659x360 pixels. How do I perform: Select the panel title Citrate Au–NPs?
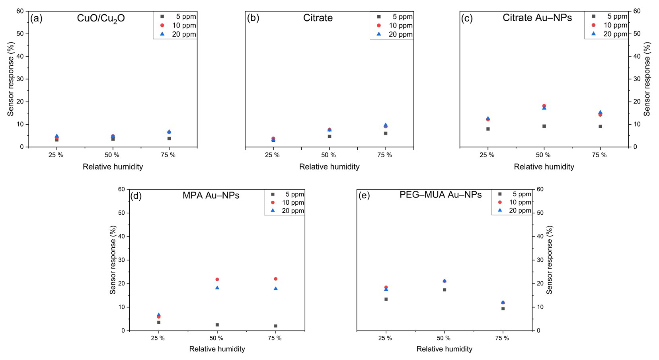click(537, 18)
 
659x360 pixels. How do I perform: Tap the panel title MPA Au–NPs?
click(211, 196)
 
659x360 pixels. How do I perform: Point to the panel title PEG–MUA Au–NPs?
click(441, 195)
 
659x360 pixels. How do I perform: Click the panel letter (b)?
click(253, 18)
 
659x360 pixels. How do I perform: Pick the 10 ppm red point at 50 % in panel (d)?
click(217, 280)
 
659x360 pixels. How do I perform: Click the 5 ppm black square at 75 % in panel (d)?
click(275, 326)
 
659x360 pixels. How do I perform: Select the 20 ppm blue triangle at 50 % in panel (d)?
click(217, 288)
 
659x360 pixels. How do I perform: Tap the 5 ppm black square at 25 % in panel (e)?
click(386, 299)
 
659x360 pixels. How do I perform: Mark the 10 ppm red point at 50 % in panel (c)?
click(544, 106)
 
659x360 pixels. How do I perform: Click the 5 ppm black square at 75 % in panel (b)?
click(386, 133)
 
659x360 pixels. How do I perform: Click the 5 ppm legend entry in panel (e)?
click(516, 194)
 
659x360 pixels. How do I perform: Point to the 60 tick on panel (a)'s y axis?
click(20, 11)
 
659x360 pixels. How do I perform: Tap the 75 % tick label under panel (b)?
click(385, 155)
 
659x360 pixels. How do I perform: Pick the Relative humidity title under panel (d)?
click(217, 349)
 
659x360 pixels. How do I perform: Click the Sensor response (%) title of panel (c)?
click(647, 79)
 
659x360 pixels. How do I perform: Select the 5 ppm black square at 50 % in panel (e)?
click(445, 290)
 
